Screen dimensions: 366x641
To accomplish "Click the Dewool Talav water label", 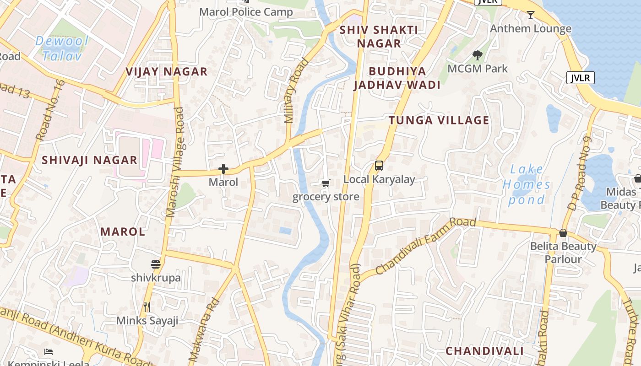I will pyautogui.click(x=62, y=48).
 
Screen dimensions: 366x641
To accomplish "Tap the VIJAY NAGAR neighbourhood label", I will pyautogui.click(x=167, y=72).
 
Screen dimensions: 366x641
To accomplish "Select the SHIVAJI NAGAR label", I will pyautogui.click(x=89, y=160).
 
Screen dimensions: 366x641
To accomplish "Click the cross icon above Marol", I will pyautogui.click(x=223, y=169).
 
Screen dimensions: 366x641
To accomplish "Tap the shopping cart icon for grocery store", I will pyautogui.click(x=326, y=183).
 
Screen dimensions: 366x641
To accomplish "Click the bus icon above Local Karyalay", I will pyautogui.click(x=379, y=166).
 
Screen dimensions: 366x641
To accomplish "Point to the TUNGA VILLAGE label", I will pyautogui.click(x=439, y=120).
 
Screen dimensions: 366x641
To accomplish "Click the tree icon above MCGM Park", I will pyautogui.click(x=478, y=55).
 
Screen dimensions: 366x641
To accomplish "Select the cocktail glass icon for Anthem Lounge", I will pyautogui.click(x=531, y=15).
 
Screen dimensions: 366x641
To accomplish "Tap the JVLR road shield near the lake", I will pyautogui.click(x=580, y=78).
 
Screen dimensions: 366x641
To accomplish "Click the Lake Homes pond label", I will pyautogui.click(x=526, y=184).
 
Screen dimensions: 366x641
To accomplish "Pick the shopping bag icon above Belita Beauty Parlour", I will pyautogui.click(x=563, y=233).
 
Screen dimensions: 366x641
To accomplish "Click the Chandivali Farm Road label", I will pyautogui.click(x=425, y=246).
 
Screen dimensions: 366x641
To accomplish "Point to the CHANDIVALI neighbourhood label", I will pyautogui.click(x=484, y=351).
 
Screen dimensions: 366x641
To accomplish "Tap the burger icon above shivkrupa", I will pyautogui.click(x=156, y=264).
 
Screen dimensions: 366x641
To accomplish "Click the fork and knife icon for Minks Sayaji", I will pyautogui.click(x=147, y=307).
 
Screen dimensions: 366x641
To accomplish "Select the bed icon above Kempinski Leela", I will pyautogui.click(x=49, y=351).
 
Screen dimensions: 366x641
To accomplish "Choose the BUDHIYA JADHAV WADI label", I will pyautogui.click(x=397, y=78).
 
